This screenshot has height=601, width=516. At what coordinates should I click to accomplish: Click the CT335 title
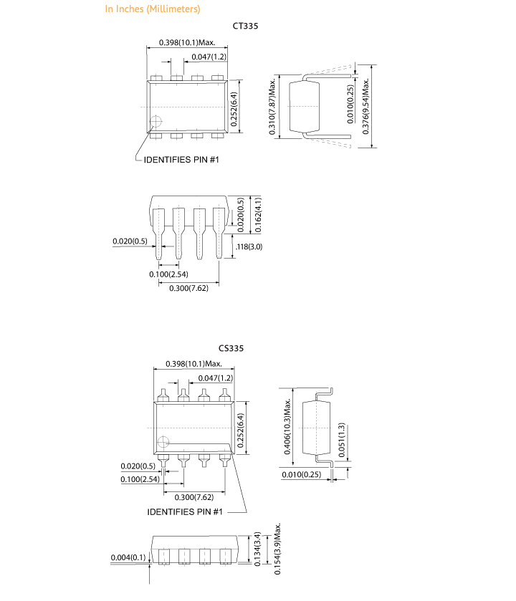245,26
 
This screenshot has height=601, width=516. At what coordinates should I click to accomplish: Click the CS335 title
231,348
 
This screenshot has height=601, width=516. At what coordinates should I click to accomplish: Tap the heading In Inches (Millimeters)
153,9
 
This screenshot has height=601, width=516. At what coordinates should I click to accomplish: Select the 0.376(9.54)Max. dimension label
365,106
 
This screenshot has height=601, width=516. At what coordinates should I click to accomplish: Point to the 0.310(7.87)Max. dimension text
272,107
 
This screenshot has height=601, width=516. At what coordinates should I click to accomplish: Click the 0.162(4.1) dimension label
259,215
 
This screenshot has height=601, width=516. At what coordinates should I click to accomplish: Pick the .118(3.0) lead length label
249,246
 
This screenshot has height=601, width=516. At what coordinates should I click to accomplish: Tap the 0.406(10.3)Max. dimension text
287,426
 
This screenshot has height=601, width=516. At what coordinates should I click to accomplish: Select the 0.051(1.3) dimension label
342,440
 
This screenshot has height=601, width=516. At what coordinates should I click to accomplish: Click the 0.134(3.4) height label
257,549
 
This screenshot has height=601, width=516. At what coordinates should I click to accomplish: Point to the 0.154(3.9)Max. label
277,549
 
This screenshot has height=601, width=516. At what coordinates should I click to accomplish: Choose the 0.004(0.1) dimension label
128,557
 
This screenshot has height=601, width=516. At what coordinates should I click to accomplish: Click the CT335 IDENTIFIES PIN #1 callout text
181,160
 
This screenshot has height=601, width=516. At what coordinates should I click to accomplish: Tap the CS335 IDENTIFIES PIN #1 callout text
185,511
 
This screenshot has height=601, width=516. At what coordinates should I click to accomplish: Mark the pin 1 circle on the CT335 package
156,122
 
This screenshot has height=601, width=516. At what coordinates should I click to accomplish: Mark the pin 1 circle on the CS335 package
163,442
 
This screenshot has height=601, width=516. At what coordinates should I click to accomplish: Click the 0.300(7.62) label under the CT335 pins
188,288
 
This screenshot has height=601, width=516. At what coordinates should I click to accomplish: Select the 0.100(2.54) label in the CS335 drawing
140,479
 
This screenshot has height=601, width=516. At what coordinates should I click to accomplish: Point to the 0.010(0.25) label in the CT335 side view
350,104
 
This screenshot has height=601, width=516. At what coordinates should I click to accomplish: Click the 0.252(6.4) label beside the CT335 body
234,109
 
